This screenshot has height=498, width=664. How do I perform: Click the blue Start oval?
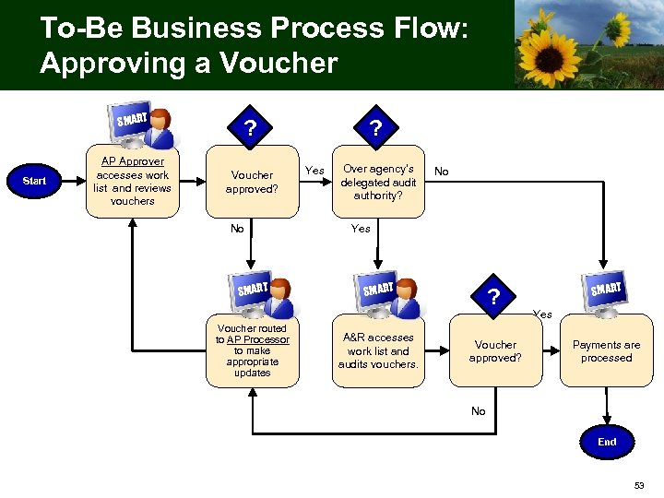[34, 181]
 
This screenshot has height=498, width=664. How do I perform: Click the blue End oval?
[606, 442]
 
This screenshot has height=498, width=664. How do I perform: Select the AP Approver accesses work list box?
[132, 181]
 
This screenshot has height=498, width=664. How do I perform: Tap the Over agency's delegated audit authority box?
[378, 182]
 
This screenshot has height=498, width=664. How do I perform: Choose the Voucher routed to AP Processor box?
[252, 350]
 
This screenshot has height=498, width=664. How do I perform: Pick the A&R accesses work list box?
[378, 350]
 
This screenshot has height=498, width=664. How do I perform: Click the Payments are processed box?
[606, 350]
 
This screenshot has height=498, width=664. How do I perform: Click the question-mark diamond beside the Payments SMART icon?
[495, 297]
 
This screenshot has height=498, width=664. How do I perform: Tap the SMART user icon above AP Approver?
[147, 126]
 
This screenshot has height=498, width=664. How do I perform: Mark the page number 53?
[640, 485]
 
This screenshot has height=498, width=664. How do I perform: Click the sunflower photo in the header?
[587, 44]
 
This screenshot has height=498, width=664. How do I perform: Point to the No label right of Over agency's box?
[442, 172]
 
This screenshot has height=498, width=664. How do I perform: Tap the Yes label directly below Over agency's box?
[361, 229]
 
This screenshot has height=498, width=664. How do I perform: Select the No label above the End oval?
[478, 411]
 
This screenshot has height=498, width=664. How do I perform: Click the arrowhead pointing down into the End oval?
[606, 421]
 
